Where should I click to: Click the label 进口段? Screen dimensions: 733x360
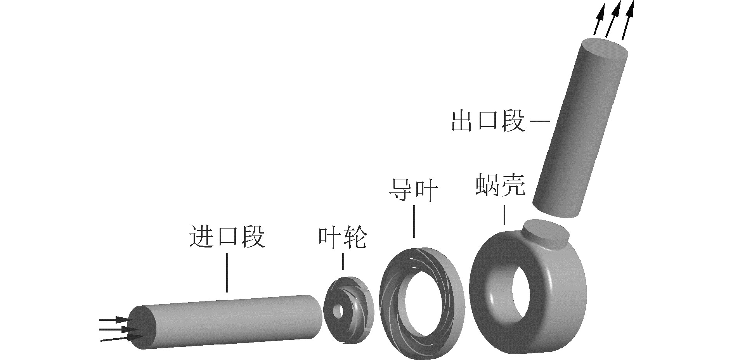[227, 236]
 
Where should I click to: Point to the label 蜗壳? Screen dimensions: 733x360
[501, 185]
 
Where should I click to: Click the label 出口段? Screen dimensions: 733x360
[488, 121]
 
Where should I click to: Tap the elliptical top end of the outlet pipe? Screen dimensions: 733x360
[605, 50]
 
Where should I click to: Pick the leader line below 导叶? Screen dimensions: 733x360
[414, 221]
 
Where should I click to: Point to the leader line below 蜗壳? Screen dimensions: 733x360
[504, 215]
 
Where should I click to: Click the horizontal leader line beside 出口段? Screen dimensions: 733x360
[540, 121]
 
